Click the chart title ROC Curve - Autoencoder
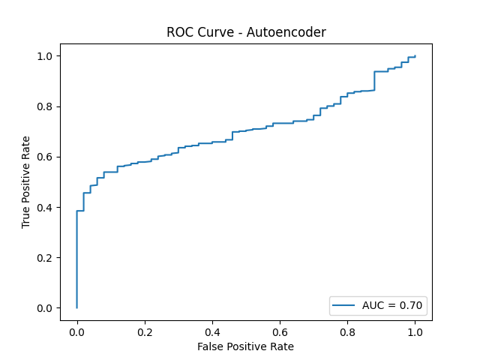coord(246,32)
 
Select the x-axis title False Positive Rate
coord(246,346)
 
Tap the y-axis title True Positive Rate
coord(26,182)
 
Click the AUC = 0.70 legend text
coord(393,305)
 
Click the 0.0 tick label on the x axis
coord(76,331)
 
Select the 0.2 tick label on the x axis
coord(145,331)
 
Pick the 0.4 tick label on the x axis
coord(212,331)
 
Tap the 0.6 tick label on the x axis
coord(280,331)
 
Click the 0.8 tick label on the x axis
coord(347,331)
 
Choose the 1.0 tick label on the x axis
coord(415,331)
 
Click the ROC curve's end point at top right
coord(415,56)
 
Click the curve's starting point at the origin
coord(76,307)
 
